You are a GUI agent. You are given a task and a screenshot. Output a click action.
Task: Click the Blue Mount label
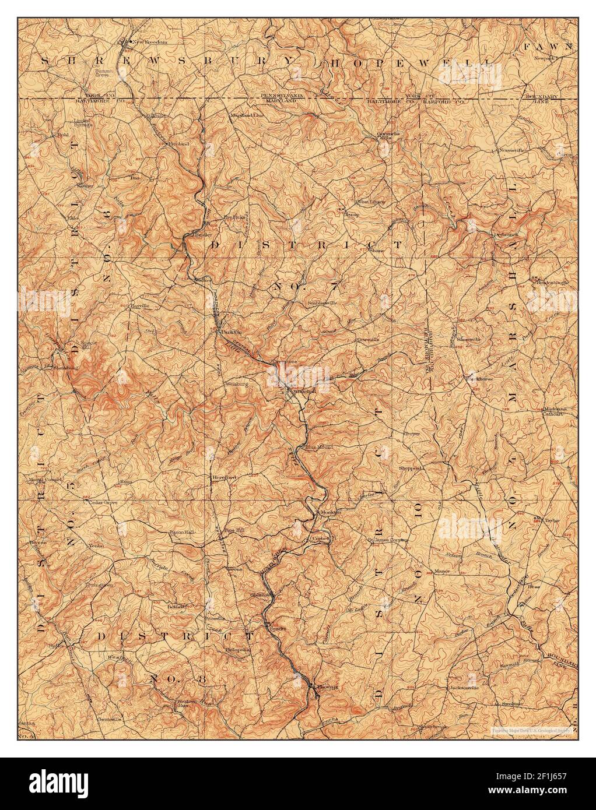point(318,448)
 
